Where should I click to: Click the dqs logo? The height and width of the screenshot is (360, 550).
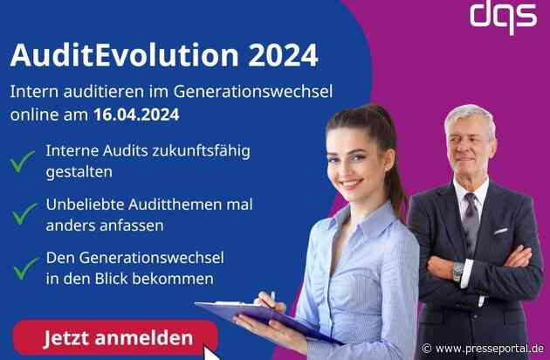(x=503, y=15)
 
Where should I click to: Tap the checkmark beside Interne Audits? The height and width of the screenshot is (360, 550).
(x=23, y=160)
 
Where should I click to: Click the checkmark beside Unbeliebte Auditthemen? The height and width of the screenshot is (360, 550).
(x=23, y=213)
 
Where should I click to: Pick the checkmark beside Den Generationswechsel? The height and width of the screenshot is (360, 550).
(x=23, y=267)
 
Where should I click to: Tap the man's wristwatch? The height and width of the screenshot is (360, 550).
(x=457, y=272)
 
